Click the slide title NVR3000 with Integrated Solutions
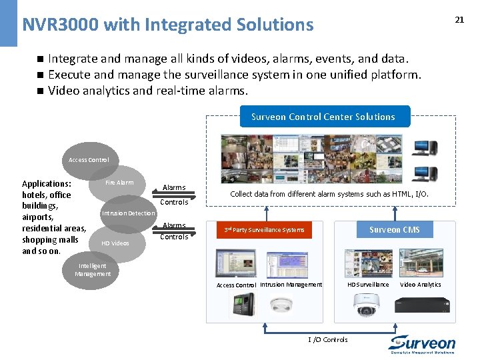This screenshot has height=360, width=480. point(167,25)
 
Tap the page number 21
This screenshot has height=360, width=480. point(459,19)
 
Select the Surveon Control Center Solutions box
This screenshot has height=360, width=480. point(323,117)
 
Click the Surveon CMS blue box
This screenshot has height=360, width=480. point(395,230)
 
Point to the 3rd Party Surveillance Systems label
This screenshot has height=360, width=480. point(264,230)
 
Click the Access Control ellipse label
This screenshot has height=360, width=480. point(89,160)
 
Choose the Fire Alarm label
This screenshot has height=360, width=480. point(119,182)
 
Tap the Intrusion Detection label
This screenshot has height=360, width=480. point(128,213)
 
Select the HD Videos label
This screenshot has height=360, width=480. point(115,243)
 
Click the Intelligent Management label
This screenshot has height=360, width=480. point(93,270)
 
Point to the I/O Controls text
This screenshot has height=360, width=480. point(328,339)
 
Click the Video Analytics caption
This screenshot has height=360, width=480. point(420,285)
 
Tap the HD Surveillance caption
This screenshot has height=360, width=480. point(368,285)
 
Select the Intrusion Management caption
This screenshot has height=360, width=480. point(291,285)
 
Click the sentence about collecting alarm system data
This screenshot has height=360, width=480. point(329,194)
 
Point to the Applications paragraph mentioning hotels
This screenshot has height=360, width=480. point(53,217)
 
